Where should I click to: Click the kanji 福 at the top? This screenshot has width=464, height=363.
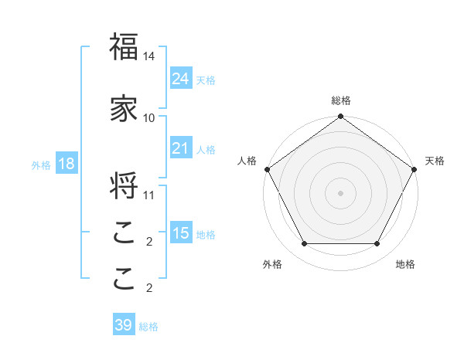click(124, 48)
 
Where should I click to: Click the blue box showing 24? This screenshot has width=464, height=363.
click(181, 79)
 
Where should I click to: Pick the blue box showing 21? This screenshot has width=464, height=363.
click(181, 148)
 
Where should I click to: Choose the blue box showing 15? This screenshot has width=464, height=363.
click(181, 233)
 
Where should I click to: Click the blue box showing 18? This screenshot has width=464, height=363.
click(66, 164)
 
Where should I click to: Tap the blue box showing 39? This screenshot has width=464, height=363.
click(124, 325)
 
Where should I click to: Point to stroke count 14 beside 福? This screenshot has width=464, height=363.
click(149, 56)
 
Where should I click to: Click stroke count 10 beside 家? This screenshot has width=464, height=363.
click(149, 118)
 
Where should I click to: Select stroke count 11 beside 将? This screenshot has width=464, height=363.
click(149, 195)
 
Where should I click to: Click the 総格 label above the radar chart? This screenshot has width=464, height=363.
click(341, 100)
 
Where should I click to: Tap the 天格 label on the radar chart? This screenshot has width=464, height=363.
click(435, 161)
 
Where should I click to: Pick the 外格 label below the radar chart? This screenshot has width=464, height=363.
click(272, 264)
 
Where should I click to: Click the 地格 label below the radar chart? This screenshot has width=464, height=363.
click(405, 264)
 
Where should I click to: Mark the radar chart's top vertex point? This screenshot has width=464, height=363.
click(341, 117)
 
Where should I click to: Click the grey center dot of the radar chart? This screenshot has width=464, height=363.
click(341, 193)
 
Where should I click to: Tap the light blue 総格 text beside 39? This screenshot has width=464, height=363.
click(148, 327)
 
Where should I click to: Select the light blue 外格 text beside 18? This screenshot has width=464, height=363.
click(41, 165)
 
